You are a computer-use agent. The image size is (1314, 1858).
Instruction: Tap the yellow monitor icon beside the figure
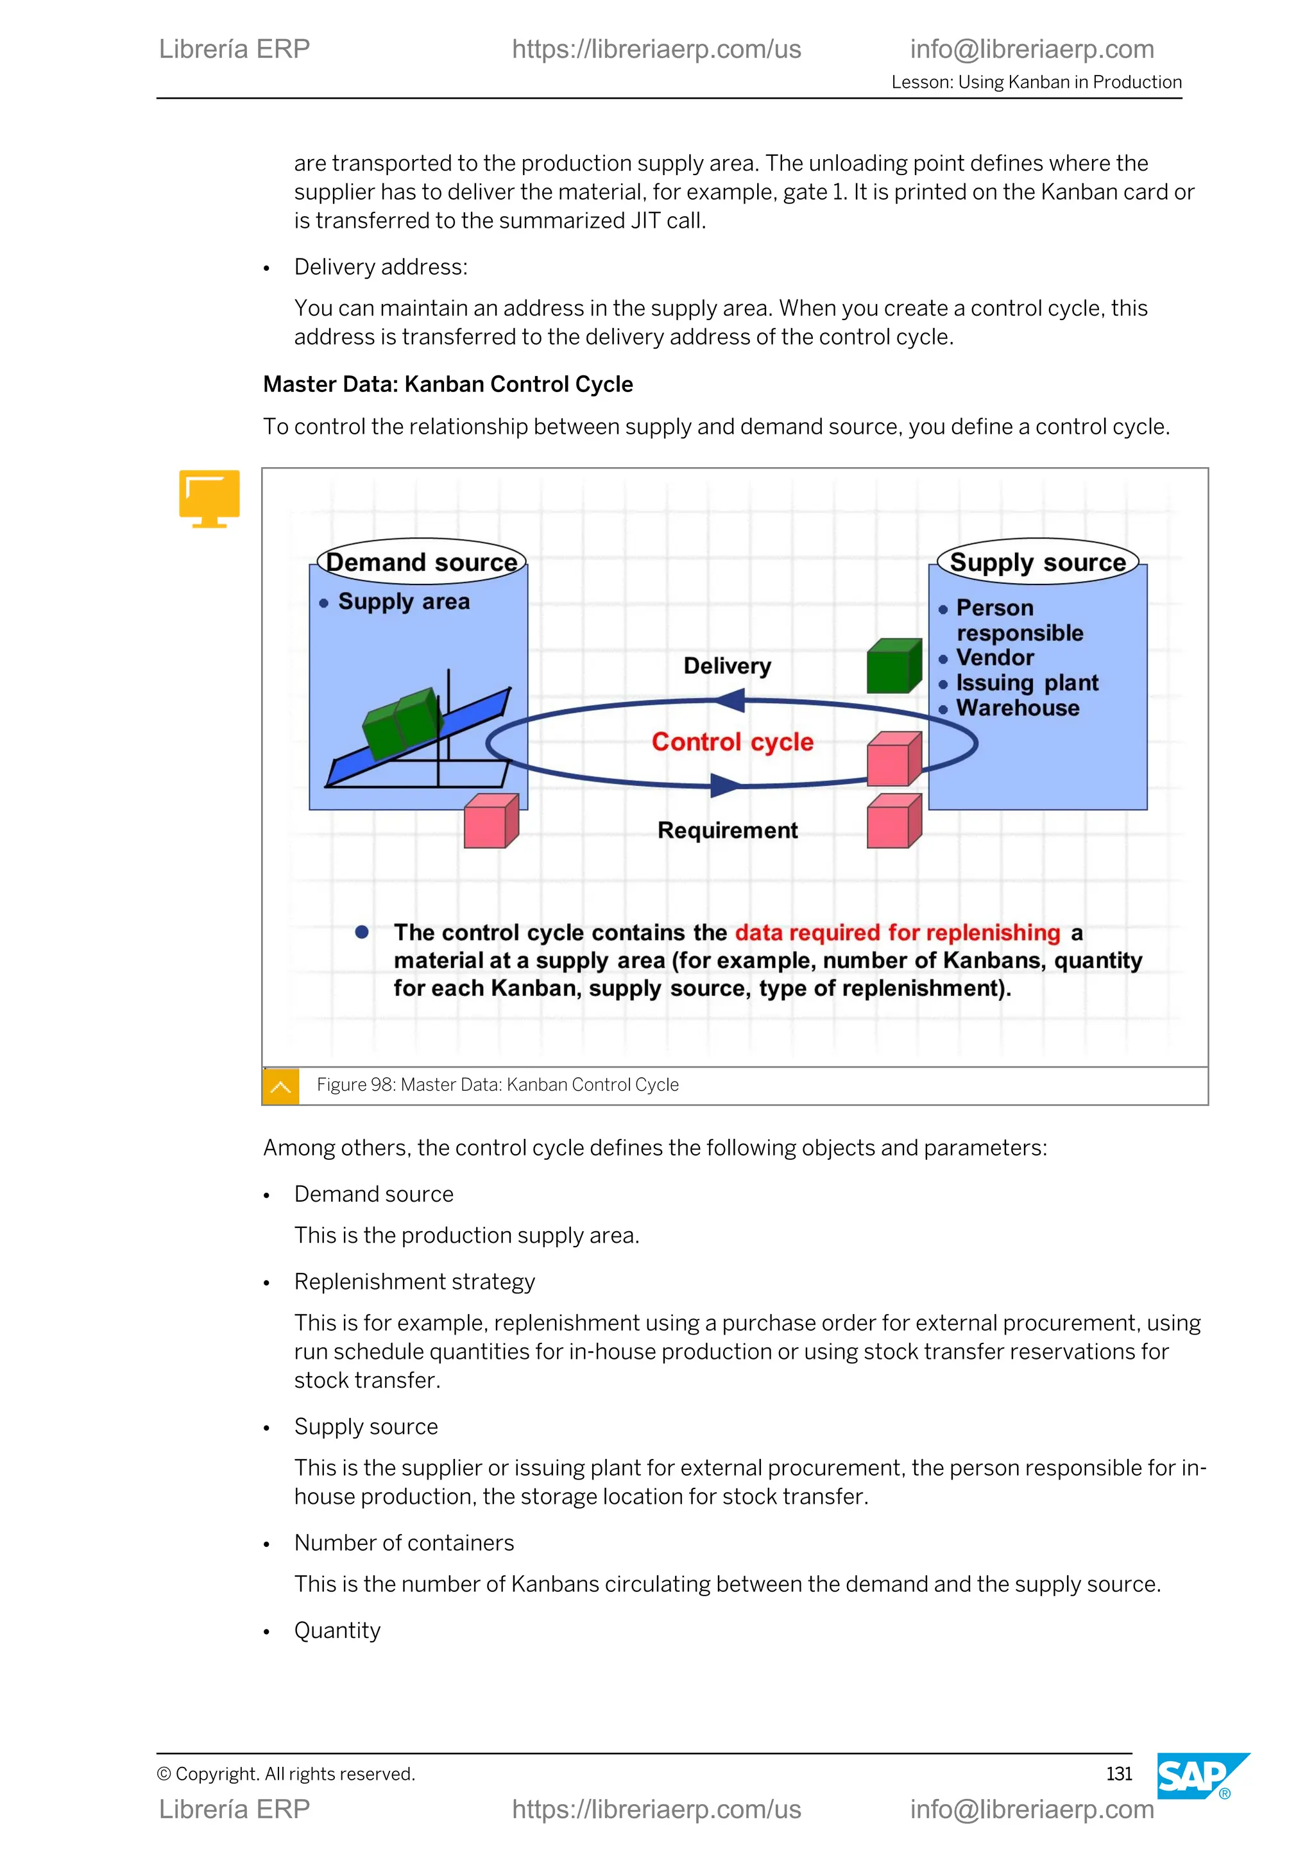[210, 497]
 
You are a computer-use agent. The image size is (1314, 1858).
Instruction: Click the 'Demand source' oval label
[421, 561]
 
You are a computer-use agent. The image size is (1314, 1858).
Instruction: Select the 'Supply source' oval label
[1037, 561]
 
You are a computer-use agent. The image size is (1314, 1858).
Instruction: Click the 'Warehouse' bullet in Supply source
[1017, 708]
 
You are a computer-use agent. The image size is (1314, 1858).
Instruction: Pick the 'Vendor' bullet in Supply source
[994, 657]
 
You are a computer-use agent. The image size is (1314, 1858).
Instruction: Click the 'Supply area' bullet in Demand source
[403, 601]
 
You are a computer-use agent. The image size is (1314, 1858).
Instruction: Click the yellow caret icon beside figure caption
[281, 1086]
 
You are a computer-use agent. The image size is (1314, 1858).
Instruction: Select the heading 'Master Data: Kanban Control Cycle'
[447, 384]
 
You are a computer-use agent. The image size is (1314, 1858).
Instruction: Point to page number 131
[1118, 1774]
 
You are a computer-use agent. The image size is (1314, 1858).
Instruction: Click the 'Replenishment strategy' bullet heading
[414, 1281]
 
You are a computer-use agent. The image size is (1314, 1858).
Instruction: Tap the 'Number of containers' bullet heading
[404, 1542]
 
